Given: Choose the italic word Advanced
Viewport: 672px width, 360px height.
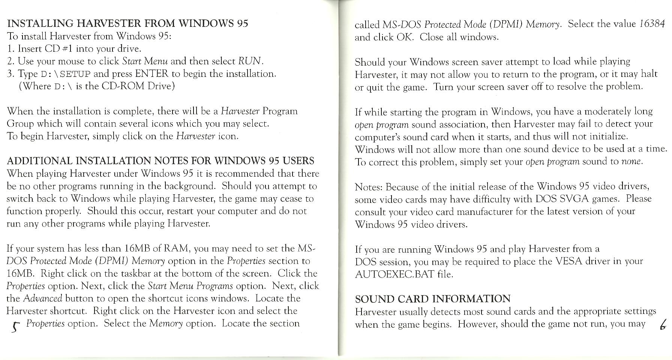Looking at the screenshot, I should point(42,298).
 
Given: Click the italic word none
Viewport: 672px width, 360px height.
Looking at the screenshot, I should point(632,162).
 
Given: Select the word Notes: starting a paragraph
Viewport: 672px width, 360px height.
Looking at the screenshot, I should point(369,187).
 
